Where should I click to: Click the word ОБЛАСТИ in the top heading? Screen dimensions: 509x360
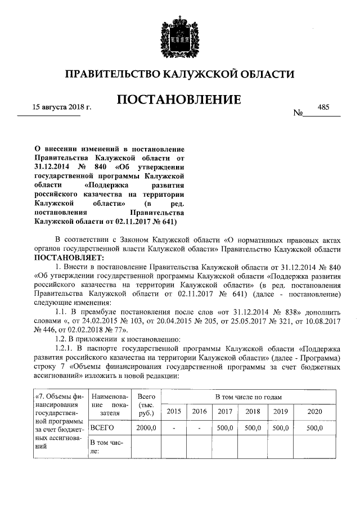pyautogui.click(x=269, y=74)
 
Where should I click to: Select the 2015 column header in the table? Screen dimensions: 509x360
pyautogui.click(x=174, y=412)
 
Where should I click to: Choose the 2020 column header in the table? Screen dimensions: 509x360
pyautogui.click(x=315, y=412)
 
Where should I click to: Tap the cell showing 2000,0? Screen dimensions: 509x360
pyautogui.click(x=145, y=428)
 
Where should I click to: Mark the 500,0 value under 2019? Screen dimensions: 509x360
pyautogui.click(x=280, y=428)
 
